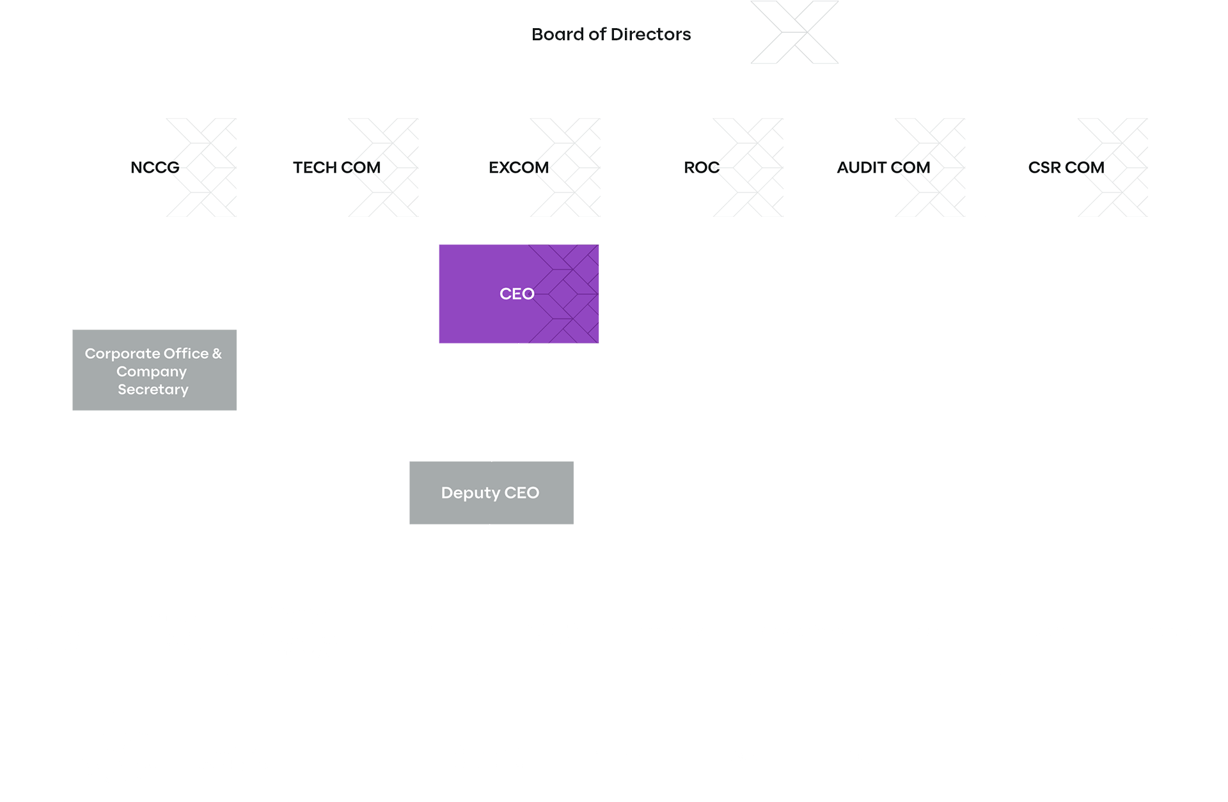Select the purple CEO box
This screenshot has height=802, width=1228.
point(519,294)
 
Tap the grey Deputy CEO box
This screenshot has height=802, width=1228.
point(491,492)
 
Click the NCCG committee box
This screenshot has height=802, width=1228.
point(154,168)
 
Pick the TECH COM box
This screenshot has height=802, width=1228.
point(336,168)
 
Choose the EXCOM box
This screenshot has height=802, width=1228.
point(518,168)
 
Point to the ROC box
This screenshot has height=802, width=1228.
point(701,168)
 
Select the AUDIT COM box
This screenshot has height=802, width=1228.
point(883,168)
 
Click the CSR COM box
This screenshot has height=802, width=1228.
point(1066,168)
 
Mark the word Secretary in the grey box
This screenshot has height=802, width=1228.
point(153,389)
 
